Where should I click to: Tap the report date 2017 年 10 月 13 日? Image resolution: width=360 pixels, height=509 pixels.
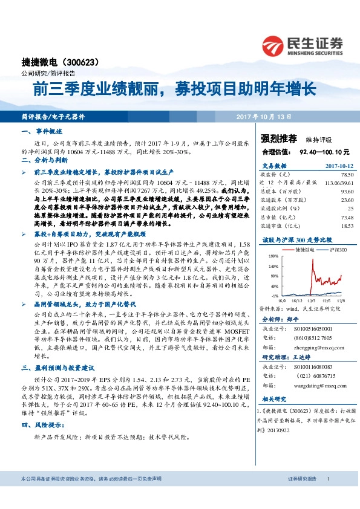264,116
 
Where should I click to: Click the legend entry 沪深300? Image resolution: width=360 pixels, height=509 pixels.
339,249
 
